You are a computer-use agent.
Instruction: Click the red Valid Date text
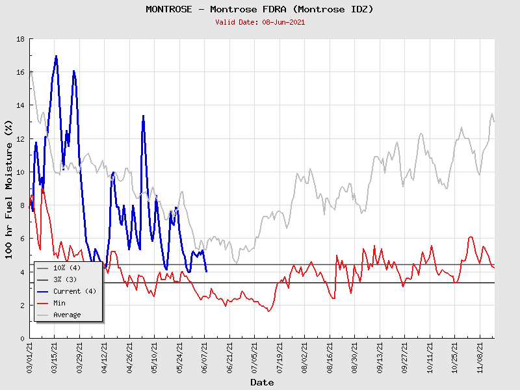[x=260, y=22]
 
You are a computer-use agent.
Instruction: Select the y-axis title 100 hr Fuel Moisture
[x=10, y=188]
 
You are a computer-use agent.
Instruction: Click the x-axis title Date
[x=262, y=382]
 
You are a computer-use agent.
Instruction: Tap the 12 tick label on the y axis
[x=20, y=139]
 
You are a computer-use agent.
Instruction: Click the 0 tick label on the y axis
[x=22, y=339]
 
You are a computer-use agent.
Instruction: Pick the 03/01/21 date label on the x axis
[x=31, y=357]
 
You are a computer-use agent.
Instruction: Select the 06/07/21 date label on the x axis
[x=205, y=357]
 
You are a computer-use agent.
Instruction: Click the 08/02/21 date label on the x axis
[x=305, y=357]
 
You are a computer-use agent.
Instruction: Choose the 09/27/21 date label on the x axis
[x=405, y=357]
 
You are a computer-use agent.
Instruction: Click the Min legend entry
[x=60, y=303]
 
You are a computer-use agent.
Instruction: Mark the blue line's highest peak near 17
[x=57, y=56]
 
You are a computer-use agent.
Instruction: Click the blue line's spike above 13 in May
[x=143, y=116]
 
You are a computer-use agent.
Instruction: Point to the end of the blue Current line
[x=206, y=271]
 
